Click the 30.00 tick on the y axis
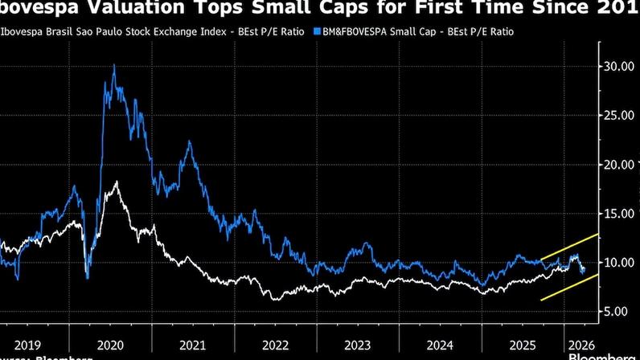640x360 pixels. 619,66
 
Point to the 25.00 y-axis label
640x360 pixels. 619,115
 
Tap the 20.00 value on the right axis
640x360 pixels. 619,164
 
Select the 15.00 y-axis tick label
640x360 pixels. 619,213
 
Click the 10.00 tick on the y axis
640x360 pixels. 619,262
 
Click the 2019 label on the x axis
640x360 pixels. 27,344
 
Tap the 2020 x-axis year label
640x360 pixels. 109,344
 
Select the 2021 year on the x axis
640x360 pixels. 192,344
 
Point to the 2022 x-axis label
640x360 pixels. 275,344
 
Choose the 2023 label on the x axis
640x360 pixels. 358,344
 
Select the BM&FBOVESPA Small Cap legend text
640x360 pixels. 418,31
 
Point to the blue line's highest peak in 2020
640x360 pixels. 113,66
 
